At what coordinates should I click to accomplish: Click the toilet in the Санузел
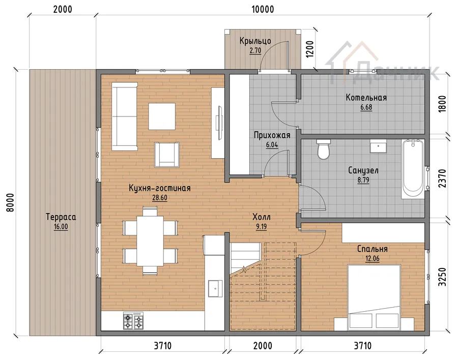click(323, 149)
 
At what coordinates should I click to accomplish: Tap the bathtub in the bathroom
click(413, 170)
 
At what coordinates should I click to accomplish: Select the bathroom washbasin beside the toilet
click(378, 146)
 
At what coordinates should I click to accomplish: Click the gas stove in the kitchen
click(133, 321)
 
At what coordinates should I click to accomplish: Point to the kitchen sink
click(215, 288)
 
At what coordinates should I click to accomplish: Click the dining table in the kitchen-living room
click(150, 241)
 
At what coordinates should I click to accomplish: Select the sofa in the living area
click(125, 116)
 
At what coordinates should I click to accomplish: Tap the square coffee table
click(162, 116)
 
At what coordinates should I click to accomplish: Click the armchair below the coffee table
click(167, 155)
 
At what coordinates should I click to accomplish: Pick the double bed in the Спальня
click(374, 297)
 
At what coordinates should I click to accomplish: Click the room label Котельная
click(366, 98)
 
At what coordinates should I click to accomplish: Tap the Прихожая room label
click(272, 135)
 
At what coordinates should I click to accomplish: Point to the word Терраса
click(61, 217)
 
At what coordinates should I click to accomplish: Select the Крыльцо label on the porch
click(255, 41)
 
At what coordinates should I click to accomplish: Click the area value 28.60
click(160, 198)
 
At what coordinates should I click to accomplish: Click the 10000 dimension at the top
click(263, 9)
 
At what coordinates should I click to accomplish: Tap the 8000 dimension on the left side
click(10, 202)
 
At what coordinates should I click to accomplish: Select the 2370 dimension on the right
click(442, 178)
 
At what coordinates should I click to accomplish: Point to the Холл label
click(262, 217)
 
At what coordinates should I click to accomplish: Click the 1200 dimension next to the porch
click(309, 49)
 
